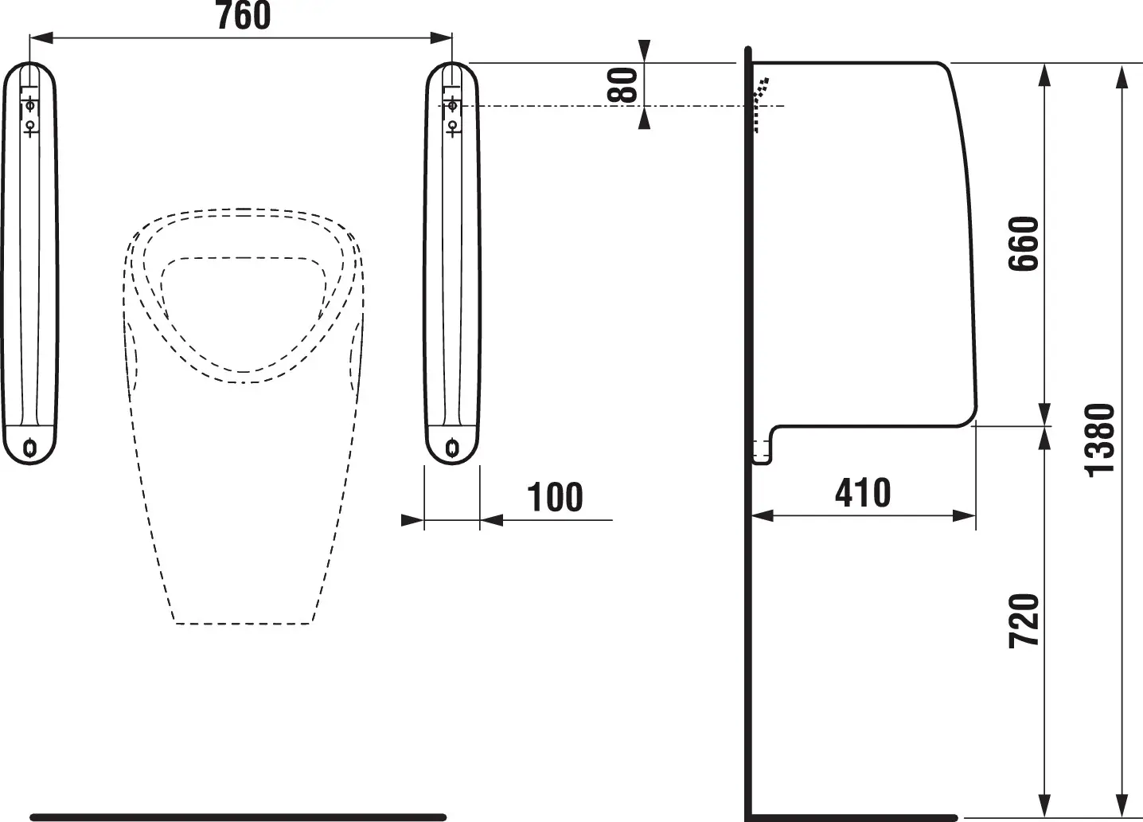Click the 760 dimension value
(244, 17)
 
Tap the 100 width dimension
(556, 498)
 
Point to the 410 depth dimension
(863, 493)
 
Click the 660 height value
(1025, 243)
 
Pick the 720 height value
(1025, 620)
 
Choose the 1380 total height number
(1102, 440)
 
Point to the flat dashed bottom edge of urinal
(242, 623)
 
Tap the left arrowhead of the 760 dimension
(38, 37)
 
